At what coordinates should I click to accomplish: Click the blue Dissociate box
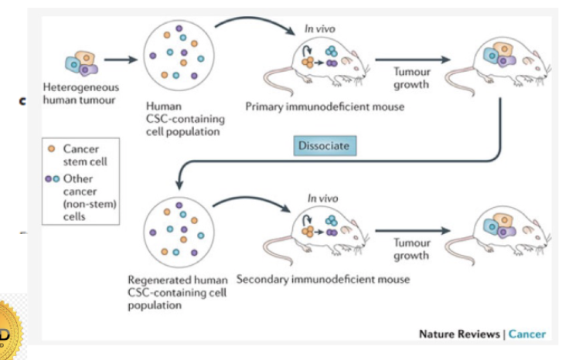(325, 145)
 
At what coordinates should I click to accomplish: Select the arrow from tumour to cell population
(121, 59)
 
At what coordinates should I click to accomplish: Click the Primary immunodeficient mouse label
(325, 107)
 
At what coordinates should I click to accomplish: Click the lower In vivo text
(322, 199)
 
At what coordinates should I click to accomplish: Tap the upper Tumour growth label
(412, 78)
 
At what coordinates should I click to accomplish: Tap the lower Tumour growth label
(412, 249)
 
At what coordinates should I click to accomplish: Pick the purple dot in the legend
(51, 178)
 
